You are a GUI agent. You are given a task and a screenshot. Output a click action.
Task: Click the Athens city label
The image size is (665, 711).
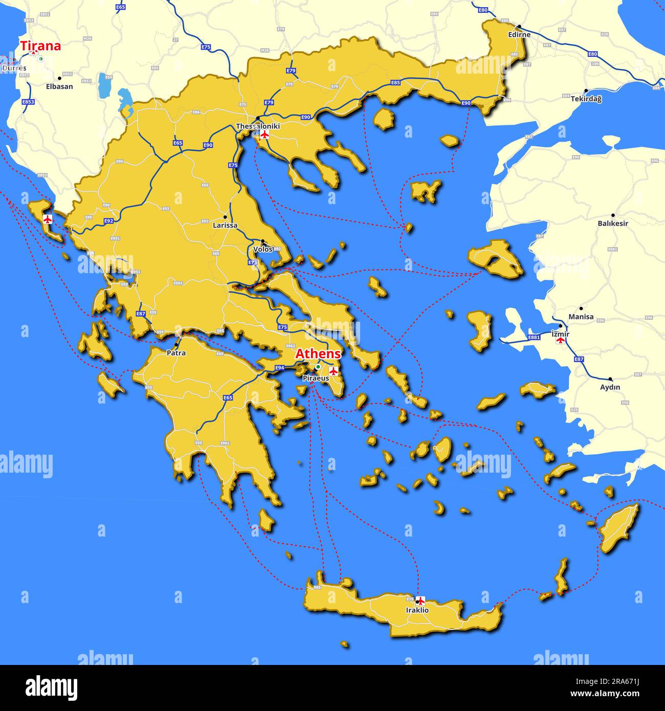tap(318, 353)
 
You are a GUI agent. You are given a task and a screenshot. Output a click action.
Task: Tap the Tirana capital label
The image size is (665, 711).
tap(40, 46)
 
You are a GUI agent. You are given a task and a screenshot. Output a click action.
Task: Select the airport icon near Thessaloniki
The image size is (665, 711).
tap(264, 135)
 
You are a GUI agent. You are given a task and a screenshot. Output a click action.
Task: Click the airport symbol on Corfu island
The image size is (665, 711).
tap(48, 219)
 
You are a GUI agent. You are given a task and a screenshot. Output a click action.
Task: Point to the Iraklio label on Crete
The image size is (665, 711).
tap(417, 610)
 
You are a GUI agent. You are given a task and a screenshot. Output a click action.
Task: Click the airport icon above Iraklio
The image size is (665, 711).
tap(420, 601)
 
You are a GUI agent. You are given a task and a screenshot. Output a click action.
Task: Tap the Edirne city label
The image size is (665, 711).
tap(519, 35)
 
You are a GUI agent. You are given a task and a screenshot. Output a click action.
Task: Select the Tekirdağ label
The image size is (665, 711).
tap(586, 99)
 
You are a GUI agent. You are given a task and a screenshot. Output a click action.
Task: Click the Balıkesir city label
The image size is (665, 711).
tap(613, 224)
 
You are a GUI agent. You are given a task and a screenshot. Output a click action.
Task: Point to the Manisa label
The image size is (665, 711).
tap(581, 317)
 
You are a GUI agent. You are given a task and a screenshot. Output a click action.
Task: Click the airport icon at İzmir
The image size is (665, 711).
tap(561, 340)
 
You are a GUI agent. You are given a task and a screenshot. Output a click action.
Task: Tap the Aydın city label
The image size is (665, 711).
tap(610, 387)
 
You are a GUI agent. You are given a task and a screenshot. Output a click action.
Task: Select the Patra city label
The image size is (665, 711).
tap(176, 353)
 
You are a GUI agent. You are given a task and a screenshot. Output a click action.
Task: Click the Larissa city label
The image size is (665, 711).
tap(225, 225)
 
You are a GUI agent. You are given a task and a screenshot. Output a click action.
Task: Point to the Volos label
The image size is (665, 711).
tap(263, 250)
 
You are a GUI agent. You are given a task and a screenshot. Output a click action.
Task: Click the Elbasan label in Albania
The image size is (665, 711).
tap(59, 86)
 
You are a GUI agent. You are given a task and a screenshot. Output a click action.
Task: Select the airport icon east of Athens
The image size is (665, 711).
tap(334, 370)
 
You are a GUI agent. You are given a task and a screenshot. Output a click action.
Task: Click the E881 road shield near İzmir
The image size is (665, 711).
tap(534, 338)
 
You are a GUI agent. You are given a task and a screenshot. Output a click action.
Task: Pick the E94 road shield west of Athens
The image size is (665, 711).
tap(280, 368)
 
